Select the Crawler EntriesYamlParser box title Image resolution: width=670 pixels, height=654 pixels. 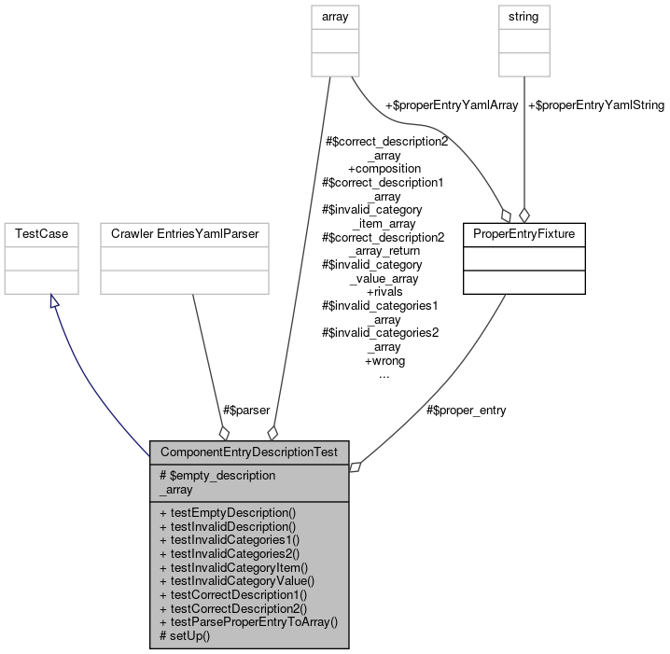tap(184, 232)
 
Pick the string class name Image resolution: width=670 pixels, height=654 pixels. tap(523, 16)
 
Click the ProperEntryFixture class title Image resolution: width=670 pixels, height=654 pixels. tap(523, 232)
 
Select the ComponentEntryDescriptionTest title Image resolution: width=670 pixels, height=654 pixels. tap(248, 452)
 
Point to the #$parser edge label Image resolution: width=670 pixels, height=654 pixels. tap(245, 410)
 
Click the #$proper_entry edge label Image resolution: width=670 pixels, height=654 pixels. tap(466, 410)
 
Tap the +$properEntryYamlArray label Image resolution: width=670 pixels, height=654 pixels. tap(438, 105)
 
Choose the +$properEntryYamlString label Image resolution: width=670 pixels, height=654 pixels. tap(595, 105)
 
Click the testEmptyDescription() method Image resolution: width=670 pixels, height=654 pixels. tap(228, 512)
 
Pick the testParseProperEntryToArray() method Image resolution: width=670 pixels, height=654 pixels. tap(248, 620)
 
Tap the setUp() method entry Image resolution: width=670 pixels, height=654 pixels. tap(185, 634)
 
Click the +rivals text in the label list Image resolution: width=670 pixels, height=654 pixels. tap(384, 292)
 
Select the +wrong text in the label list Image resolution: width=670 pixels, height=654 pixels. tap(384, 360)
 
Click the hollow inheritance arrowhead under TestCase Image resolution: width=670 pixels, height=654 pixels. tap(54, 303)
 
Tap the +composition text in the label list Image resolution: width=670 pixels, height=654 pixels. tap(384, 169)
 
